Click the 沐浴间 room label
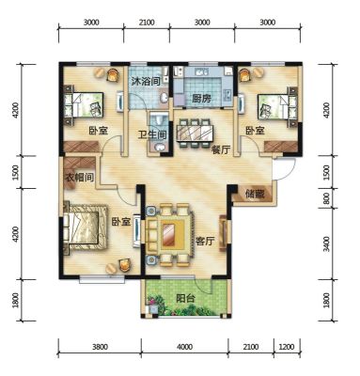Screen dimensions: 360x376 point(146,82)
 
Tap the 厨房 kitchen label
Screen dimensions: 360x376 point(201,99)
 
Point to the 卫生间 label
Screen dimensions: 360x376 point(152,135)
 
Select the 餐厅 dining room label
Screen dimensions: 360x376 point(221,150)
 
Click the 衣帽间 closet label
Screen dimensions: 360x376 point(79,178)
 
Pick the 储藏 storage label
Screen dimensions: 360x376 point(255,195)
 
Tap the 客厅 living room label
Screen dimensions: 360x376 point(205,242)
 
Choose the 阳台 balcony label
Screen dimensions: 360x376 point(185,298)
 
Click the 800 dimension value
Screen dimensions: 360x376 point(326,198)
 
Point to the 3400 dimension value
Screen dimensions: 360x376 point(326,244)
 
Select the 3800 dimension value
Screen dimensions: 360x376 point(101,347)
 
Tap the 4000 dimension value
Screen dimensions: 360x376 point(184,347)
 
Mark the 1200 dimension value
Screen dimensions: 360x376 point(287,347)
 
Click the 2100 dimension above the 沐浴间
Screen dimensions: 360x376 point(147,23)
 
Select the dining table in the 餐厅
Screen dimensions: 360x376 point(195,133)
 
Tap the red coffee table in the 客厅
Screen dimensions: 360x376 point(168,234)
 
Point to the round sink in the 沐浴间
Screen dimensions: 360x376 point(164,98)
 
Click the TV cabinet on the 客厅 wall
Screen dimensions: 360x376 point(224,232)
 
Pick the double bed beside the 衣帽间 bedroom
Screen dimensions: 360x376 point(86,227)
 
